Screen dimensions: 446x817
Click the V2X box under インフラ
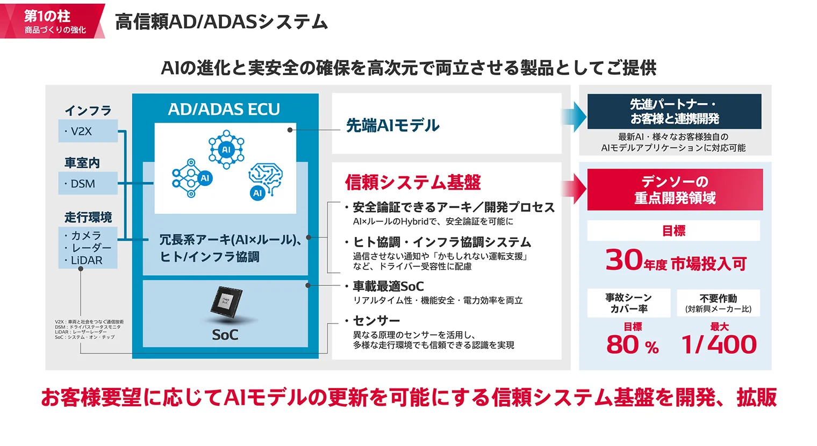point(88,131)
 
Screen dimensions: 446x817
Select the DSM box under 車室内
point(88,184)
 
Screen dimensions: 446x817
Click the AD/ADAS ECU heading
point(224,109)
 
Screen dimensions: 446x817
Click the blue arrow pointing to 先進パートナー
point(574,117)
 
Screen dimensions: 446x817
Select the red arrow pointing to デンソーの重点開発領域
point(574,189)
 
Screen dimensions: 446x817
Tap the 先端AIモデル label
point(393,126)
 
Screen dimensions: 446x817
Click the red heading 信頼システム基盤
point(413,183)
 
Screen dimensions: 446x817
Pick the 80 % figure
point(632,344)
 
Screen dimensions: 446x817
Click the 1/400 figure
point(719,344)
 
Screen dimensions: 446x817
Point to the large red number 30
point(623,260)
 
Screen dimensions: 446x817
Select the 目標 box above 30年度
point(673,231)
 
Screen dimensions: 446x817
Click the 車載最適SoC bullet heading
point(388,286)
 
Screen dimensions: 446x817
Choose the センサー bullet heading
point(376,321)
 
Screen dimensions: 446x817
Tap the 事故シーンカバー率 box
point(628,303)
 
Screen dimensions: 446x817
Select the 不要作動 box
point(718,303)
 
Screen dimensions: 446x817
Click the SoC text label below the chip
point(225,335)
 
